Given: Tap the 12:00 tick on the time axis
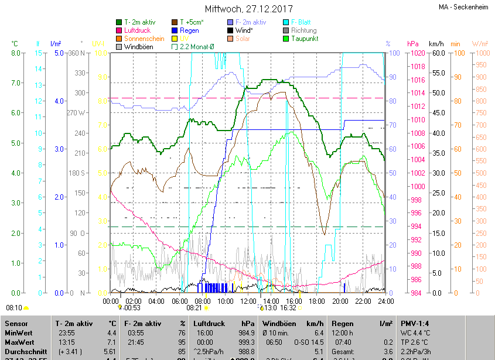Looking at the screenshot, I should [248, 301].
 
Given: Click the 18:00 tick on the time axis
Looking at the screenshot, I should [317, 301].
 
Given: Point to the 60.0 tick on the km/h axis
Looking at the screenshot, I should [436, 53].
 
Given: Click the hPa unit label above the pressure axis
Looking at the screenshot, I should [413, 44].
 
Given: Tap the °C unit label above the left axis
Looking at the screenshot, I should [15, 44].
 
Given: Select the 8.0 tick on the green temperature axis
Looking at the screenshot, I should [16, 53].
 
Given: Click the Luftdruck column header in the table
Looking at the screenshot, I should [209, 324].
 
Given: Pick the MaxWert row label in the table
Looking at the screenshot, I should [19, 342].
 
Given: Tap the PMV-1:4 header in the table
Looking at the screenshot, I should [415, 324].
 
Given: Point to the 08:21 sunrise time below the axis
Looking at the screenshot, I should [194, 307].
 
